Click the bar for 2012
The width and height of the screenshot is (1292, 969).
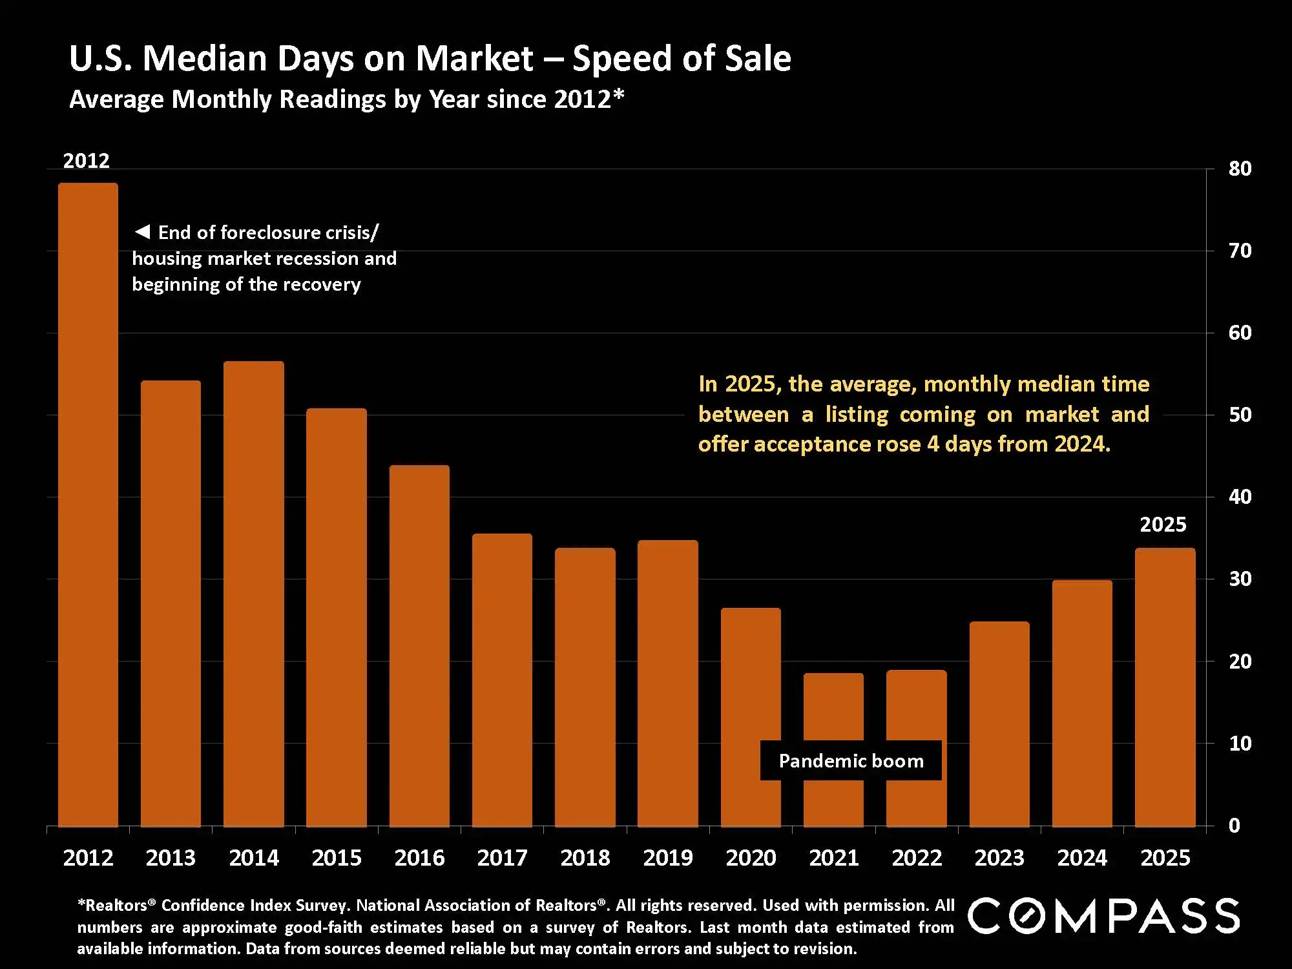tap(88, 504)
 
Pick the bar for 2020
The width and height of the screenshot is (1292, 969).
tap(751, 716)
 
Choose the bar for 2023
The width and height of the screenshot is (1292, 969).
tap(999, 724)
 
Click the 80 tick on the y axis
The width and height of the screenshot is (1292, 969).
tap(1240, 169)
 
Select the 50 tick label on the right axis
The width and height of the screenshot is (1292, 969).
tap(1240, 415)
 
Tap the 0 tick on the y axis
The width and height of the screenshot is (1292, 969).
tap(1234, 826)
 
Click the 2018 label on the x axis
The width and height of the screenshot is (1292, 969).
tap(585, 858)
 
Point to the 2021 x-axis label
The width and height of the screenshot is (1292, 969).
tap(833, 858)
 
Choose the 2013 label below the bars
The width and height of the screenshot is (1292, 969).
tap(171, 858)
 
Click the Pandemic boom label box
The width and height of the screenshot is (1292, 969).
tap(851, 761)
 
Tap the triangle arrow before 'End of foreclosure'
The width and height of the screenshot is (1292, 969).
tap(142, 231)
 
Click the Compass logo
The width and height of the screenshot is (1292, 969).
tap(1103, 916)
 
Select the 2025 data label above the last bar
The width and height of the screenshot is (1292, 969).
tap(1163, 525)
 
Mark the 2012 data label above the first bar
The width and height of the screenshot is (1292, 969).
tap(86, 161)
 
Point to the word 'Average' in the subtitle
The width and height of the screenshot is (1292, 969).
tap(116, 99)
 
